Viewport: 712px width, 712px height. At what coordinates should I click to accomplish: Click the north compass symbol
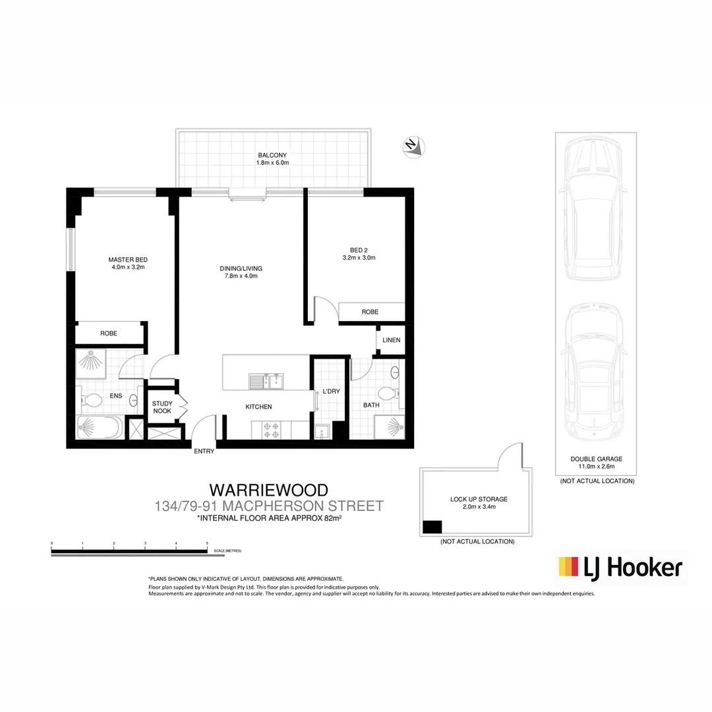pos(413,146)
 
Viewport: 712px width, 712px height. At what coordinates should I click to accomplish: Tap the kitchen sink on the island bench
pos(266,381)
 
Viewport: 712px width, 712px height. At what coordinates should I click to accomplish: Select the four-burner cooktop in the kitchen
pos(271,430)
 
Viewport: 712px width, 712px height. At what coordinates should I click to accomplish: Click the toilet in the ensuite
pos(92,400)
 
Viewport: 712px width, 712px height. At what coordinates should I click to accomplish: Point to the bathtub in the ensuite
pos(99,429)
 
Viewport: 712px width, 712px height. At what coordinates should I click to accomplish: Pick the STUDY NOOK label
pos(162,407)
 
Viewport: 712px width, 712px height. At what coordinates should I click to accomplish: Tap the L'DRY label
pos(331,392)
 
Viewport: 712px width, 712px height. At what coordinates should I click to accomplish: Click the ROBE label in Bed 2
pos(370,312)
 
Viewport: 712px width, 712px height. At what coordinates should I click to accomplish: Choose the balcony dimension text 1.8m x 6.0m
pos(273,162)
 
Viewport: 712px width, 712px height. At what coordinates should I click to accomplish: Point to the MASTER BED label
pos(128,264)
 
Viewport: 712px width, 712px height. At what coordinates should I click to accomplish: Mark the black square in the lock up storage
pos(432,527)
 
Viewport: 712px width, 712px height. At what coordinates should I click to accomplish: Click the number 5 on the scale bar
pos(207,544)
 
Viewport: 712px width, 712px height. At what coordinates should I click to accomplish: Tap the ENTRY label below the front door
pos(203,452)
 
